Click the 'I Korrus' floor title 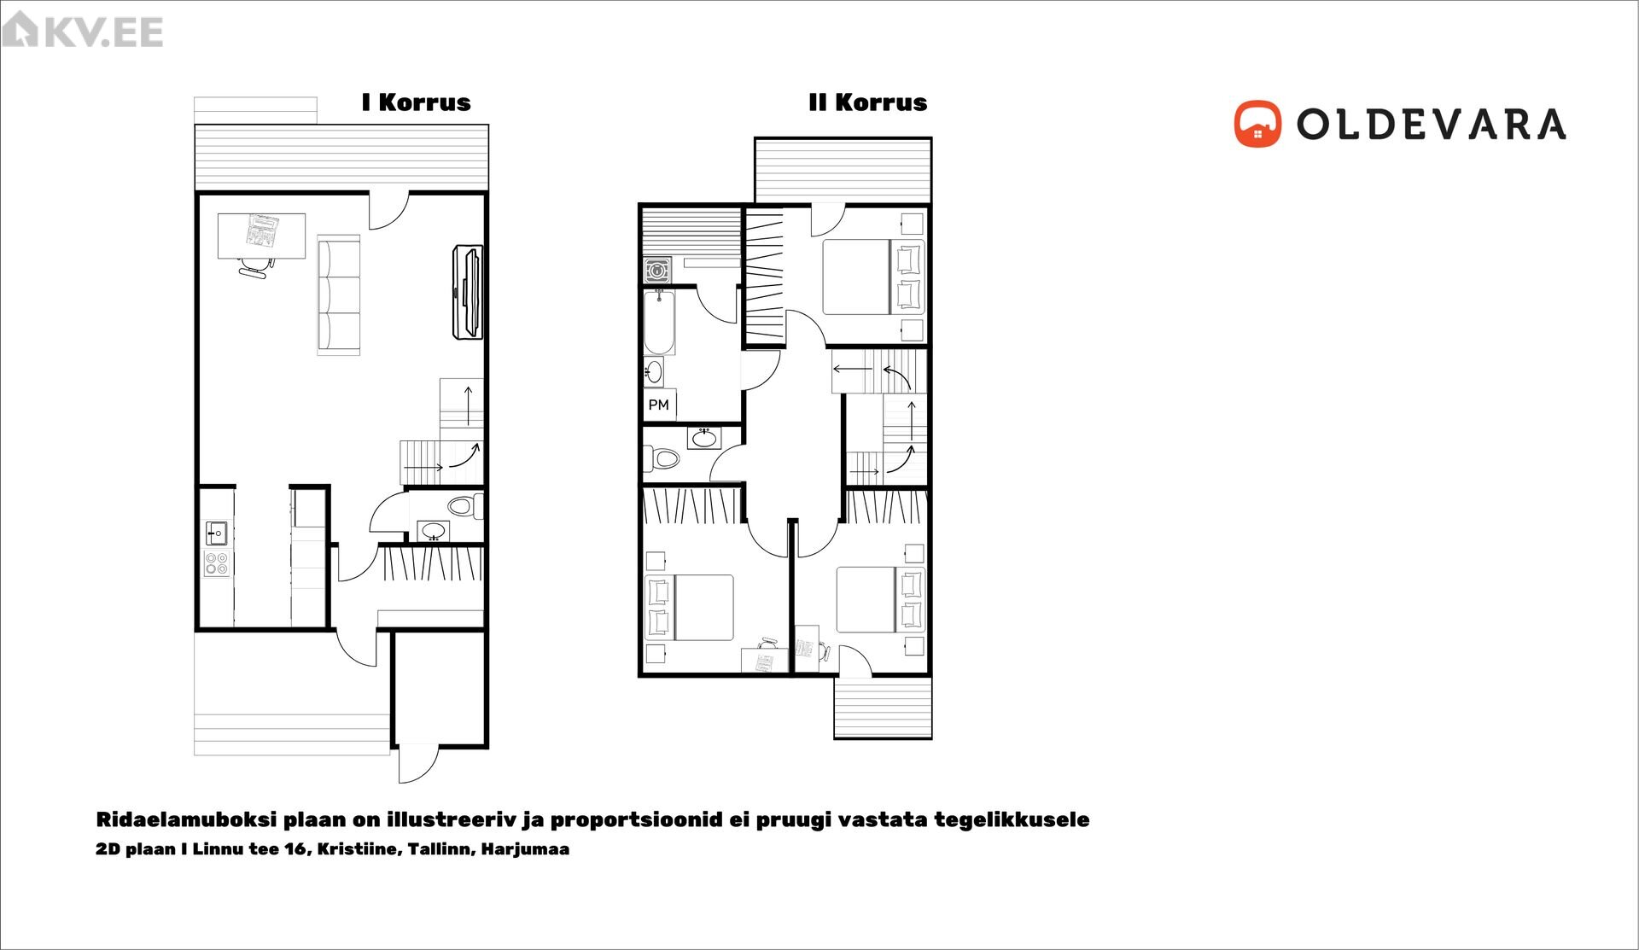(x=416, y=102)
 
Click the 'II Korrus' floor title (x=867, y=102)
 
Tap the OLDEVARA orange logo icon (x=1257, y=124)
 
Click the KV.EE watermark (x=83, y=31)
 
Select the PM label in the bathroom (x=658, y=405)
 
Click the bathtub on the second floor (x=659, y=322)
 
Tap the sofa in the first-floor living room (x=339, y=295)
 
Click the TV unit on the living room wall (x=468, y=292)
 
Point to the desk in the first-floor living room (x=261, y=236)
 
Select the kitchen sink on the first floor (x=217, y=533)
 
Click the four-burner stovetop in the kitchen (x=217, y=563)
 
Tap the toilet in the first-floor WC (x=465, y=506)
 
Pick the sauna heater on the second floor (x=656, y=271)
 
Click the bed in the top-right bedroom (x=872, y=277)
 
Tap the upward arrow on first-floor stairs (x=469, y=405)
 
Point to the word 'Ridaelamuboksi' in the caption (x=186, y=819)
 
